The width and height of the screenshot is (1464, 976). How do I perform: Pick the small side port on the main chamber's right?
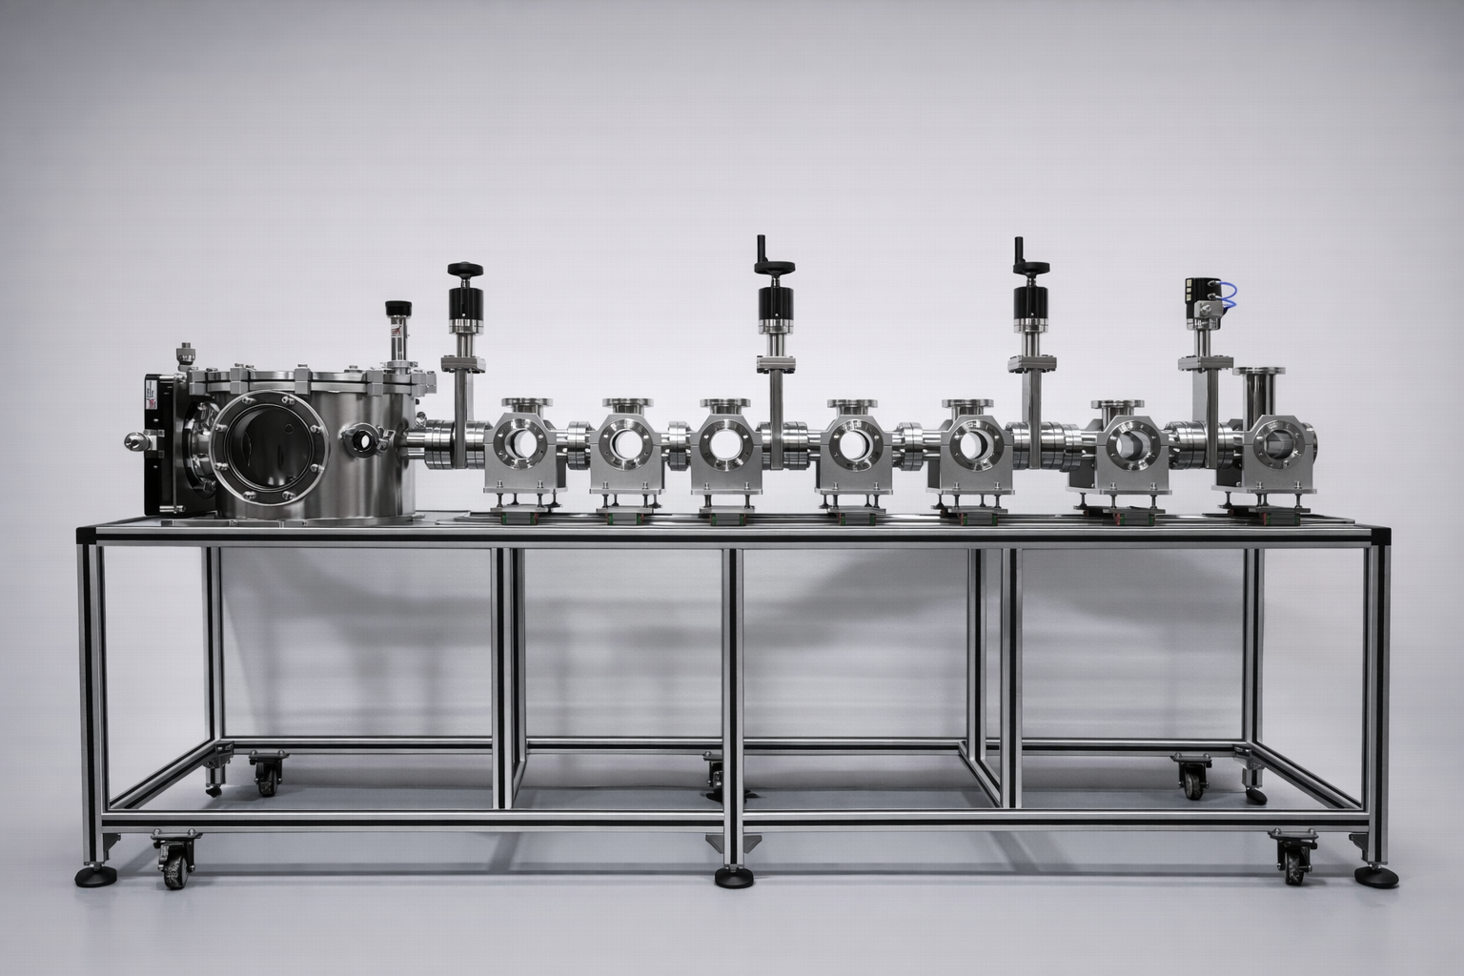pos(361,441)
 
